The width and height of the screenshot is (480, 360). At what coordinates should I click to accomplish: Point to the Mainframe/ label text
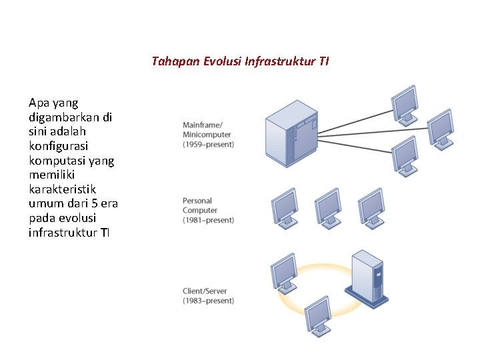click(203, 125)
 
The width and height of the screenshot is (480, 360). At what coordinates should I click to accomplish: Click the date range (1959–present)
click(208, 144)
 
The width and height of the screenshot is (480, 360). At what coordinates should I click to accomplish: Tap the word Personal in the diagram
click(197, 201)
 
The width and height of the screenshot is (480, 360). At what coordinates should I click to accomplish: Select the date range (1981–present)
click(208, 220)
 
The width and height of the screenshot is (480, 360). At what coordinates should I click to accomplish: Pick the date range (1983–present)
click(208, 301)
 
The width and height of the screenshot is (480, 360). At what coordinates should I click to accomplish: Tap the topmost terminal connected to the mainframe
click(405, 103)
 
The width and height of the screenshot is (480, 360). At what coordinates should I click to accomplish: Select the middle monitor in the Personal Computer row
click(327, 207)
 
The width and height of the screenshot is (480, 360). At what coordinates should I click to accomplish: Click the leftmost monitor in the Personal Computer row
click(284, 207)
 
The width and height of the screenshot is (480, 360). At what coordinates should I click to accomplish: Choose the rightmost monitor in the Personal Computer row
click(371, 207)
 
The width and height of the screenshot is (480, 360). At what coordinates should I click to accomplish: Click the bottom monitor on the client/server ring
click(318, 315)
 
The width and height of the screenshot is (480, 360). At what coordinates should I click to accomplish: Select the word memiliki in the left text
click(53, 175)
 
